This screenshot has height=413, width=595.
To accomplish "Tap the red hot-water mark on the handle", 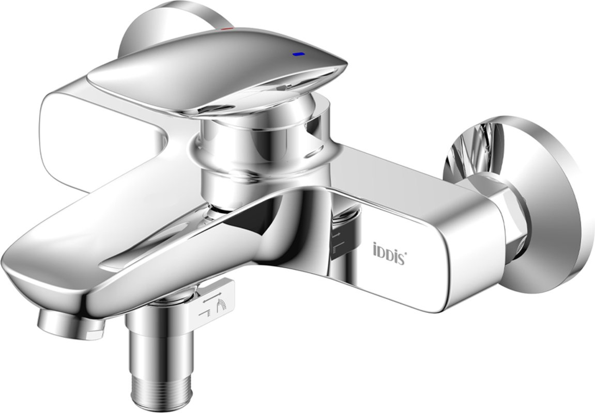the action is click(x=227, y=28).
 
